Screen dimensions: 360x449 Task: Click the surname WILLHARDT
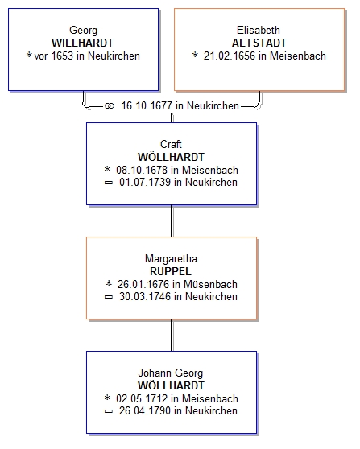82,43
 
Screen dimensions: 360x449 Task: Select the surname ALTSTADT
259,43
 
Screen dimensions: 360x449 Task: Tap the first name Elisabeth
259,30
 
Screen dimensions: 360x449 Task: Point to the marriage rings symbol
110,106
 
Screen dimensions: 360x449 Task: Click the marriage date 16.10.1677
147,105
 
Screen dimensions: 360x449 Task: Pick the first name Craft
171,144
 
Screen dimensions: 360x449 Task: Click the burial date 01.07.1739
145,182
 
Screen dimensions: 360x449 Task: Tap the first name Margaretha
171,258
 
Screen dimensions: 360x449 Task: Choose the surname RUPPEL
171,271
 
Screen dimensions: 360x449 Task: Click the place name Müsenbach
210,284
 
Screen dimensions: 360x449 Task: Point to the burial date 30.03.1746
145,296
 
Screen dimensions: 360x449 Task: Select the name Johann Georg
171,373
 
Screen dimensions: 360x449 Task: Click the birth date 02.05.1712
142,398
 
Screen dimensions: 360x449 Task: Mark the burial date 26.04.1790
145,410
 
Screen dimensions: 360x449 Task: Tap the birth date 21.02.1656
230,56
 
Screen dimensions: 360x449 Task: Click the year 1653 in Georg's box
62,56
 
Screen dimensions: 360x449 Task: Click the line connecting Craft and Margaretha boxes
172,220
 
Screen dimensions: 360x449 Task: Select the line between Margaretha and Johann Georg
172,335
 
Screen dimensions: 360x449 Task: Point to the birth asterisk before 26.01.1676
109,283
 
